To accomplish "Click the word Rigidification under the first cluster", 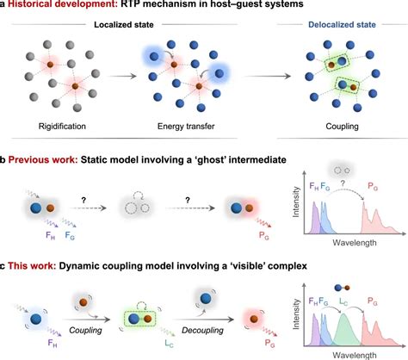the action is coord(62,127).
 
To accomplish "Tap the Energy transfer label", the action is coord(186,127).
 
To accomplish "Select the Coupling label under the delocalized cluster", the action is coord(342,127).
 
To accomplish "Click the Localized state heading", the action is coord(124,25).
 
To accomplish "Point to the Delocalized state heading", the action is coord(342,25).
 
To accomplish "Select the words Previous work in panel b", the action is coord(43,159).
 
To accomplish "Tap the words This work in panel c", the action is coord(32,266).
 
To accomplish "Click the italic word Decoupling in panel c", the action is coord(202,331).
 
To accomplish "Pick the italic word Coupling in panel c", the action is coord(85,331).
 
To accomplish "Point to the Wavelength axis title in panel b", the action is coord(355,243).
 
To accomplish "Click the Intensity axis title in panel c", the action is coord(295,314).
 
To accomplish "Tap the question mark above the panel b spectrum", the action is coord(343,183).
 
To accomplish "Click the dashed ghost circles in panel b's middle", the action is coord(136,208).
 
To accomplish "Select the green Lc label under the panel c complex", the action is coord(169,343).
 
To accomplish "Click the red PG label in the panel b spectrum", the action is coord(373,187).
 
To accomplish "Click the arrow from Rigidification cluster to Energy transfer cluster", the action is coord(122,77).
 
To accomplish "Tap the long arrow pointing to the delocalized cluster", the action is coord(267,77).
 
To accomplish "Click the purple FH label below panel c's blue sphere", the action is coord(53,343).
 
